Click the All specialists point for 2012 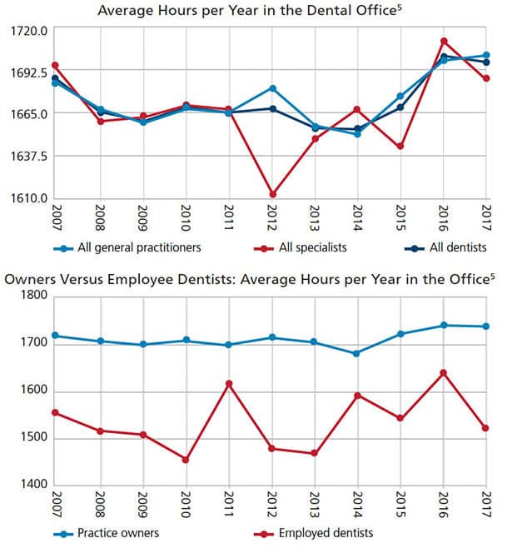tap(272, 194)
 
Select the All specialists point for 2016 tap(444, 42)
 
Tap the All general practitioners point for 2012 tap(272, 88)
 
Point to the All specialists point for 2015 tap(400, 146)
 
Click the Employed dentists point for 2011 tap(229, 384)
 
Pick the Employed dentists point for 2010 tap(186, 460)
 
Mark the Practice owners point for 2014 tap(356, 353)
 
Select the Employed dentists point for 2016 tap(444, 373)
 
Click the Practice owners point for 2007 tap(55, 336)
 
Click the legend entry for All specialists tap(301, 248)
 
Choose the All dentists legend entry tap(445, 248)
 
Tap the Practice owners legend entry tap(107, 533)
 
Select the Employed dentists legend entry tap(314, 533)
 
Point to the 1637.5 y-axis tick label tap(28, 157)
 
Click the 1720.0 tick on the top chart tap(28, 31)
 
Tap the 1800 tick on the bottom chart tap(33, 295)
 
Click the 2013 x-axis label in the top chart tap(315, 218)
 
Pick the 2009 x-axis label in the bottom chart tap(143, 505)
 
